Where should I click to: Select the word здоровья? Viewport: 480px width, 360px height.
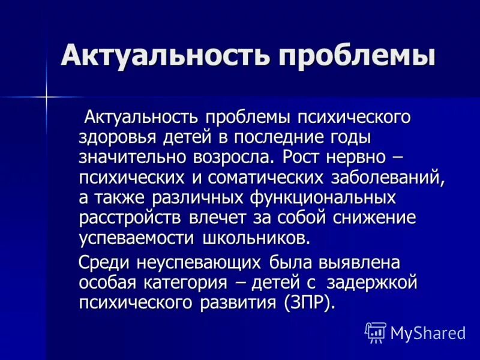coord(117,137)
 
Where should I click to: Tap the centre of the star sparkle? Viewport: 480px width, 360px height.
coord(46,94)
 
